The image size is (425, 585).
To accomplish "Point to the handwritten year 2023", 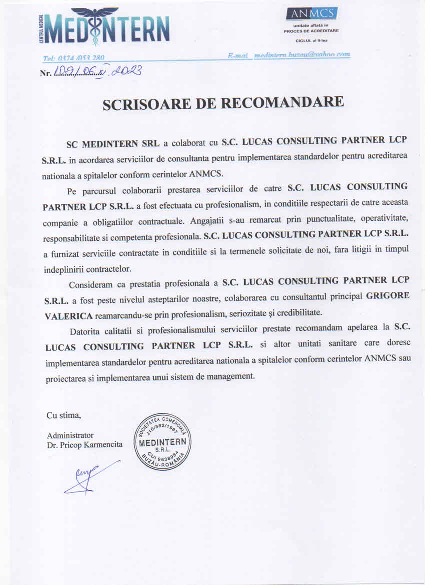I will click(126, 71).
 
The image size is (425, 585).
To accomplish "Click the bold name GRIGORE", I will click(387, 296).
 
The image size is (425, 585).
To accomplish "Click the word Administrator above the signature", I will click(70, 435).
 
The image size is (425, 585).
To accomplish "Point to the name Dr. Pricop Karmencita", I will click(84, 444).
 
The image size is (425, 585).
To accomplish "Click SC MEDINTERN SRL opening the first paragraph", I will click(113, 143).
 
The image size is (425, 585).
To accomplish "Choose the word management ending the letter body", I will click(232, 376).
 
